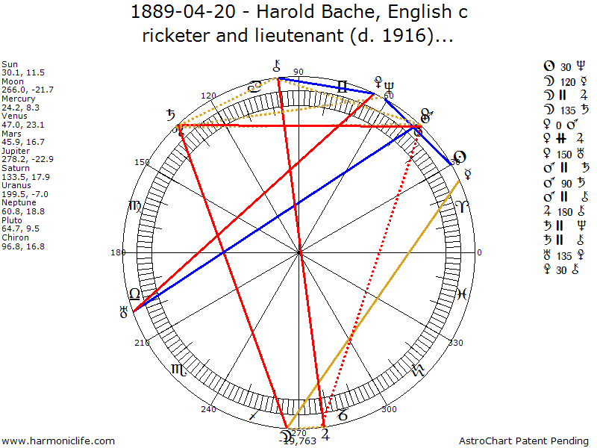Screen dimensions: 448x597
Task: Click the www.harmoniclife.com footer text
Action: [59, 441]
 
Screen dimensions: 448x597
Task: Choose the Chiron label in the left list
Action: [14, 237]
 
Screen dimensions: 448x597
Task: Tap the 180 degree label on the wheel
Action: [118, 252]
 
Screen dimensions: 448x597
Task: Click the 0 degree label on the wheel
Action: [480, 252]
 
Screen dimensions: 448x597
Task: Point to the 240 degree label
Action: [208, 408]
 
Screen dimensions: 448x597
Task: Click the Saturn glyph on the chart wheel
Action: [172, 116]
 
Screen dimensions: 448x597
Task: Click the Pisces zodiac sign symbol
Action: [462, 294]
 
